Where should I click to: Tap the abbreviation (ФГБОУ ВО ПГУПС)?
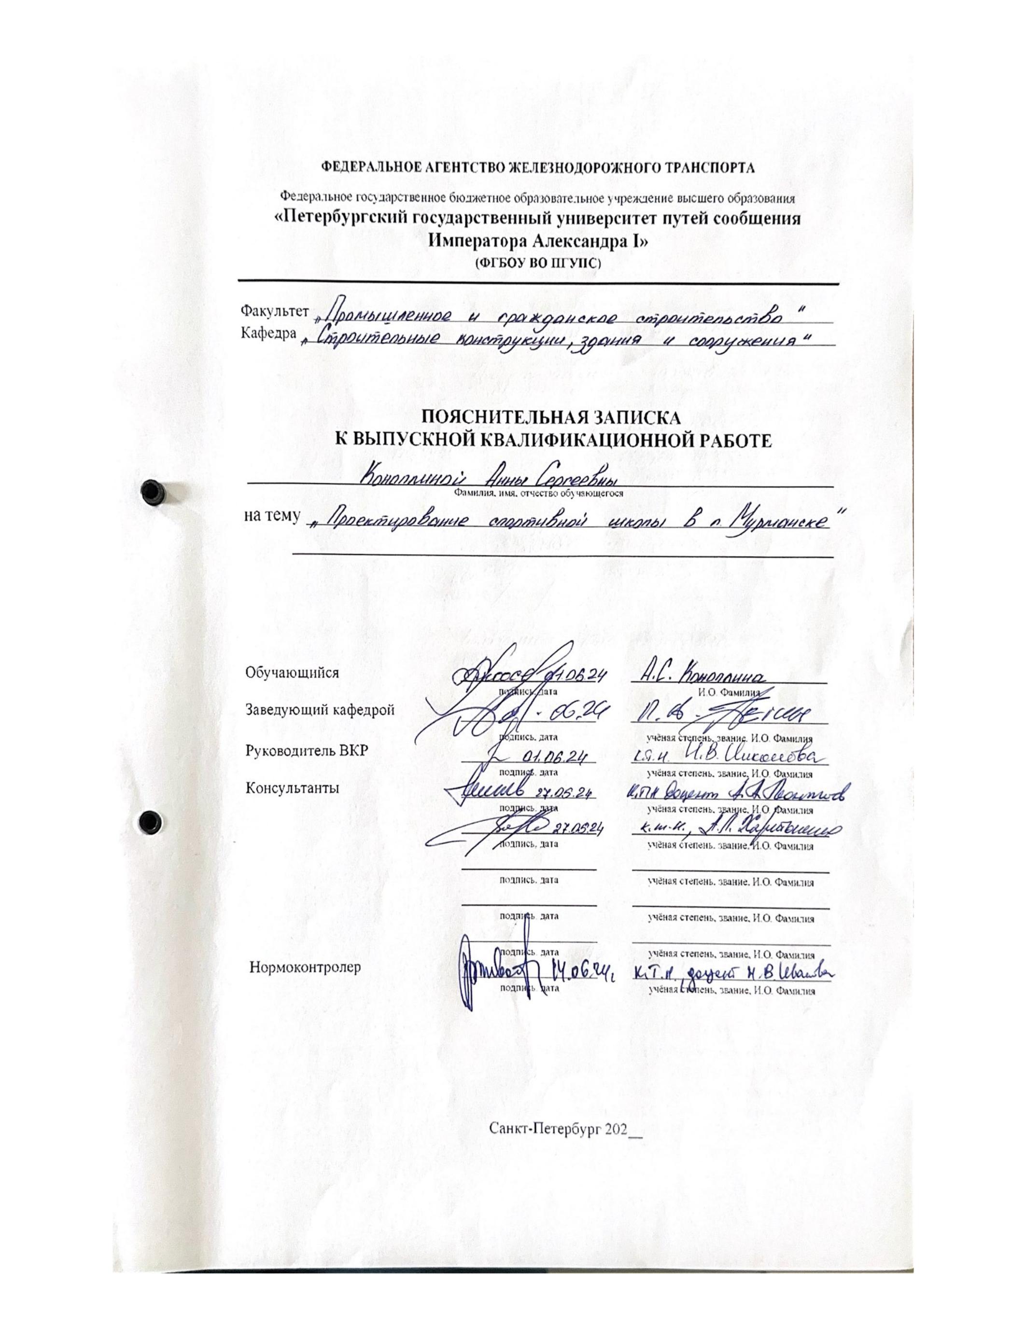[537, 263]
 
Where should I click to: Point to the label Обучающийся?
[292, 672]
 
